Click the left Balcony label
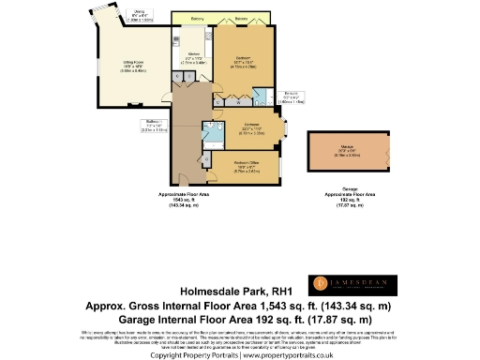coord(198,19)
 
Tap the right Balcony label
coord(242,19)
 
